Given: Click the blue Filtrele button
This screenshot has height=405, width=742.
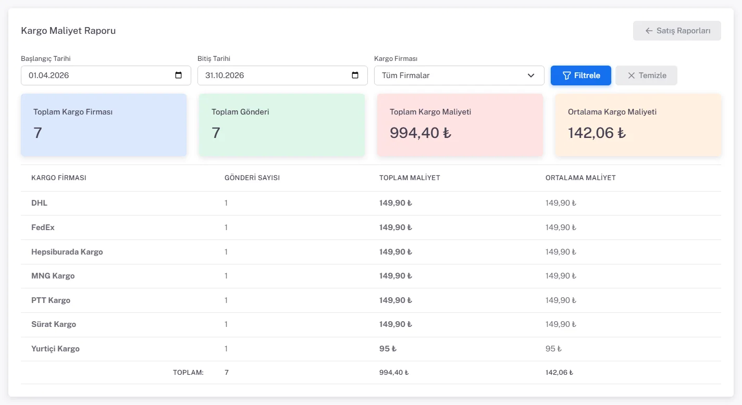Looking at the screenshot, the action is [x=580, y=75].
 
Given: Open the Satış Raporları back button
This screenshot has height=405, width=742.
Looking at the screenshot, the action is [x=677, y=31].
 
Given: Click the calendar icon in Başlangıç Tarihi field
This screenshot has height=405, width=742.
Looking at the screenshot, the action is [x=178, y=75].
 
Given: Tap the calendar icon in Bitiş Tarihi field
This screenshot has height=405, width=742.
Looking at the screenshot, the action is [x=355, y=75].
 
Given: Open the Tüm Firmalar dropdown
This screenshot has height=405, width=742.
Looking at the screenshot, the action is [x=459, y=75].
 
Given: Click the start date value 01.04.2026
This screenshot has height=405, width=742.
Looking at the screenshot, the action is [x=48, y=75].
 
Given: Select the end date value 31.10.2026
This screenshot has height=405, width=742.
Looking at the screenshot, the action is [x=225, y=75].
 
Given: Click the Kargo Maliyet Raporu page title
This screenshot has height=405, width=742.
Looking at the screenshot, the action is [x=68, y=30].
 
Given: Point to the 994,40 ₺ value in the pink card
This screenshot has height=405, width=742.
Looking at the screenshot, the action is [x=421, y=133].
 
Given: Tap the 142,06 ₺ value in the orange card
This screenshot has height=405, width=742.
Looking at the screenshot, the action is [x=597, y=133].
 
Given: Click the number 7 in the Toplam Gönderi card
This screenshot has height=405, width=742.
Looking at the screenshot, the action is [x=216, y=133].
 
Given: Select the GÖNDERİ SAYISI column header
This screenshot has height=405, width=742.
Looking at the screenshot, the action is [x=252, y=178].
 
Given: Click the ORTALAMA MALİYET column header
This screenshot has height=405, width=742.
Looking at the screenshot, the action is [x=580, y=178].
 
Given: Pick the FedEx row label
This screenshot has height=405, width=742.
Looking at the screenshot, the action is [x=43, y=227].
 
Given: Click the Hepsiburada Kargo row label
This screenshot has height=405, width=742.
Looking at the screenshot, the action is [x=67, y=252].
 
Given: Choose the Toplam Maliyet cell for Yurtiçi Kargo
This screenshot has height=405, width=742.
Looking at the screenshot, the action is [x=388, y=348].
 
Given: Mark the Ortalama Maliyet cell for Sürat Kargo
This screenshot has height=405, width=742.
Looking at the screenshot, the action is [x=561, y=324].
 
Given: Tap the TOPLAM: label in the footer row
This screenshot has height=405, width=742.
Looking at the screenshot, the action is [x=188, y=373].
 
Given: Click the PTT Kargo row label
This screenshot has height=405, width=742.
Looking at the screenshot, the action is [x=51, y=300].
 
